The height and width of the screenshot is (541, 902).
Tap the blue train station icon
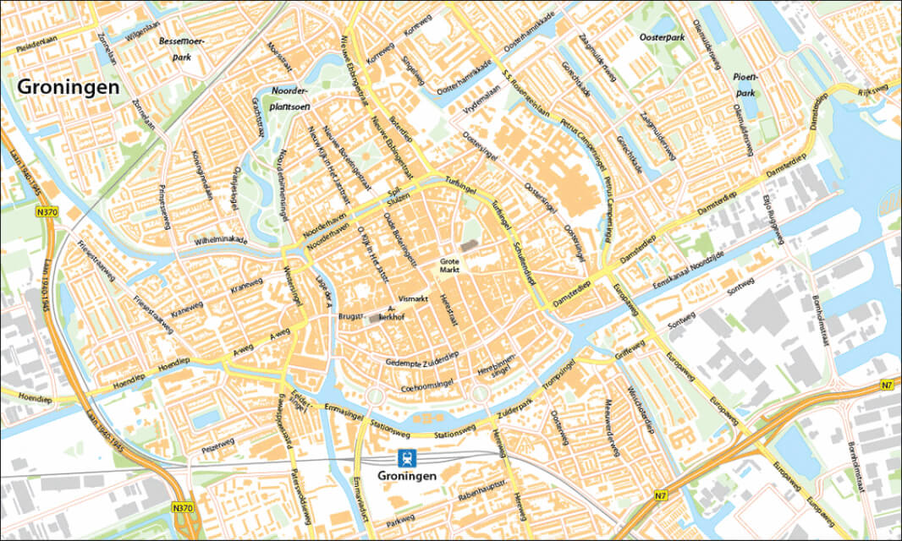tap(408, 459)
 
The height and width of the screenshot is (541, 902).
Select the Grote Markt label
tap(449, 266)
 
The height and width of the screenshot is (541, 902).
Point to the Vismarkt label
tap(413, 299)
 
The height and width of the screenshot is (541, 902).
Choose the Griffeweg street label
tap(630, 348)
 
